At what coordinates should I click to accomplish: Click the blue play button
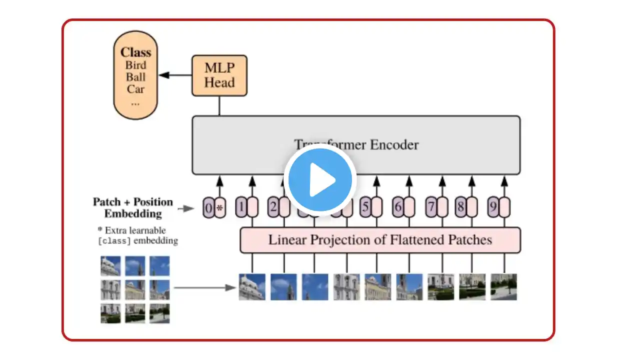pos(320,179)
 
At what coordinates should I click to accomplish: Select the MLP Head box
pos(219,75)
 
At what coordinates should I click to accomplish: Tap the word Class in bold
pos(135,52)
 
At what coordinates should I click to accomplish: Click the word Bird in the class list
pos(135,65)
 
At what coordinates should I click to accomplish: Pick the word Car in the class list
pos(135,89)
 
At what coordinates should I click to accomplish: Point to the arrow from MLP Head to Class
pos(175,75)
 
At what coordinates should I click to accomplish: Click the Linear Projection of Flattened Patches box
pos(380,240)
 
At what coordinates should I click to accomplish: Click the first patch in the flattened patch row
pos(252,286)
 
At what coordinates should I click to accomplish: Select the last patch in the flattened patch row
pos(503,286)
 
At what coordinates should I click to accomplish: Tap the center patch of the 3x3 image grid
pos(135,289)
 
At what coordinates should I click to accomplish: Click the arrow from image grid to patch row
pos(205,287)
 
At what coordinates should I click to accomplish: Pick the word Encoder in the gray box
pos(394,145)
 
